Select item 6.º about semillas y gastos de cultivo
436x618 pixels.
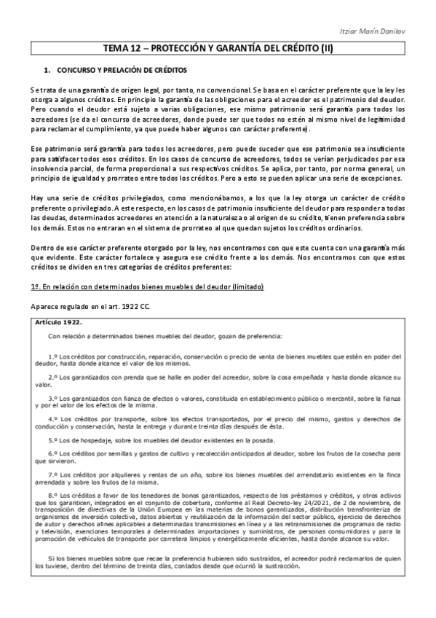[218, 458]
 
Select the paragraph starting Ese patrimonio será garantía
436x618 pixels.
[218, 163]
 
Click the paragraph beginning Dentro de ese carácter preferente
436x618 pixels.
[218, 257]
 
